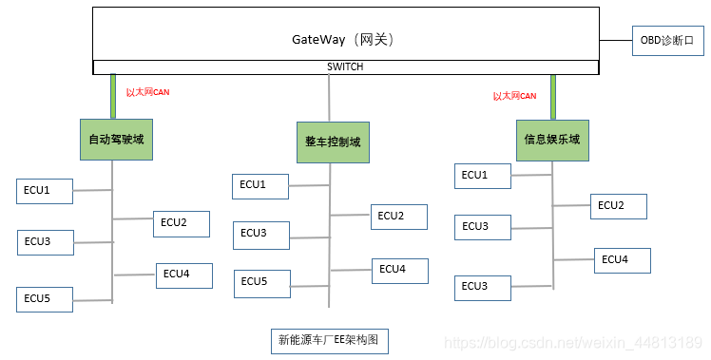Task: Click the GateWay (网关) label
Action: (342, 40)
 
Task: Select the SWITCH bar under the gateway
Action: (345, 67)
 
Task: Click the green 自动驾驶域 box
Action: (115, 139)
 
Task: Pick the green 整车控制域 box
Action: (332, 142)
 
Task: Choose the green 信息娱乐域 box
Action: (551, 139)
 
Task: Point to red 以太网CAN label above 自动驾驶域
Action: (147, 93)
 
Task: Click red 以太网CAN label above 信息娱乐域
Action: (514, 96)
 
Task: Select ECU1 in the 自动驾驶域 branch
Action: (45, 191)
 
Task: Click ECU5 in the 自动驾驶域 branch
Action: (45, 299)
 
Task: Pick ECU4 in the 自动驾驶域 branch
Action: (184, 275)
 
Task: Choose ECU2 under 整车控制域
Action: (398, 217)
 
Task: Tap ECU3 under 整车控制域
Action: (261, 234)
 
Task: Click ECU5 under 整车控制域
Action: (262, 282)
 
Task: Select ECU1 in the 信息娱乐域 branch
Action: (482, 175)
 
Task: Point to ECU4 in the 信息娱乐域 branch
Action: (623, 260)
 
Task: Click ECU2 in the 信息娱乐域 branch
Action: (619, 206)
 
